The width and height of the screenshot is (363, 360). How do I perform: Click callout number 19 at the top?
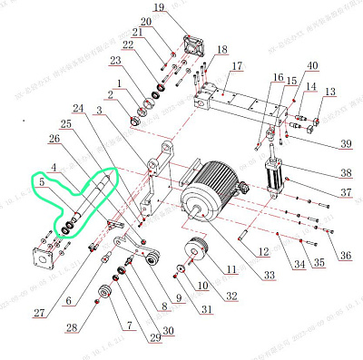(x=158, y=8)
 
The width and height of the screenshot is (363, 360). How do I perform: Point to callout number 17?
(x=237, y=67)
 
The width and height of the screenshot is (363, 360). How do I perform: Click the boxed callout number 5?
(x=41, y=182)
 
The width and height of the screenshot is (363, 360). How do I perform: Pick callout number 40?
(x=312, y=66)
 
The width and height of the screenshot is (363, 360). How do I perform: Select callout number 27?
(x=37, y=313)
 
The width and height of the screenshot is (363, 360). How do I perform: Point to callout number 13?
(x=330, y=92)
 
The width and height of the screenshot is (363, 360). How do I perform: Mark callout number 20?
(x=146, y=22)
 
